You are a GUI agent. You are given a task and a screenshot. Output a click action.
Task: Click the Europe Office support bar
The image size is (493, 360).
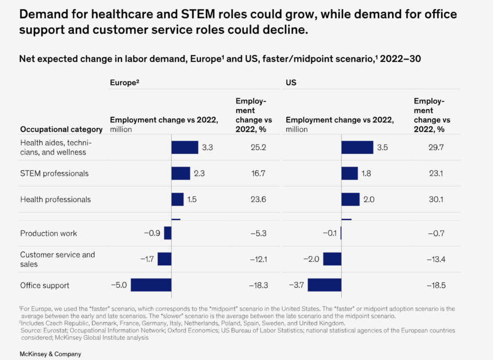(151, 285)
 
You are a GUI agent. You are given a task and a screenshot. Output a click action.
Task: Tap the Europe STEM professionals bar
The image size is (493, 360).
(180, 173)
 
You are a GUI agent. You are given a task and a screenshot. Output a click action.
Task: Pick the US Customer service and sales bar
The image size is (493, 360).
(332, 259)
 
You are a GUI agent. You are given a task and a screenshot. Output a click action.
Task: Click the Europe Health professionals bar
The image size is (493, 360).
(177, 199)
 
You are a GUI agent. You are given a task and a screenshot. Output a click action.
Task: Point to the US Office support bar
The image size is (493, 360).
(324, 285)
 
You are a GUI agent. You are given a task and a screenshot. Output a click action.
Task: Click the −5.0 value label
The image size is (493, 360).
(118, 285)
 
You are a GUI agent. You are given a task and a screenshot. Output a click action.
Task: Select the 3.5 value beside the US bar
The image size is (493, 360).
(382, 148)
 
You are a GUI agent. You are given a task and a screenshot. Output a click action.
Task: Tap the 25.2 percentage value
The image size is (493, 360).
(257, 148)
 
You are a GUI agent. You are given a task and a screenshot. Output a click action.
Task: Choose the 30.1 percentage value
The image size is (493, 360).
(436, 199)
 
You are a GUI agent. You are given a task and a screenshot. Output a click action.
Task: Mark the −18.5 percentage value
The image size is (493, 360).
(435, 286)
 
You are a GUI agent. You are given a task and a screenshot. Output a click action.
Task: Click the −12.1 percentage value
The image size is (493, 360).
(258, 259)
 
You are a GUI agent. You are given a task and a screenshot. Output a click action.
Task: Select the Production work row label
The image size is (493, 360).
(48, 233)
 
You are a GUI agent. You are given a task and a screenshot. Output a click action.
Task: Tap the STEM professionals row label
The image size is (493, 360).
(54, 174)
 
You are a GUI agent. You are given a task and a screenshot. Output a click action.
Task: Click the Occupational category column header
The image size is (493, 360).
(61, 129)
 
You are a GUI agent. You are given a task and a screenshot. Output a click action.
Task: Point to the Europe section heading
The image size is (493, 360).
(124, 83)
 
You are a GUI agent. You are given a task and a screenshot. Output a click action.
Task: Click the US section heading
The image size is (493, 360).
(291, 83)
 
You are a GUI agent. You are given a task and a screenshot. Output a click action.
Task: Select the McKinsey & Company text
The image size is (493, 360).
(50, 354)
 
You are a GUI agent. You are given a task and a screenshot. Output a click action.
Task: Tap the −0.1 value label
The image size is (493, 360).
(329, 233)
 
